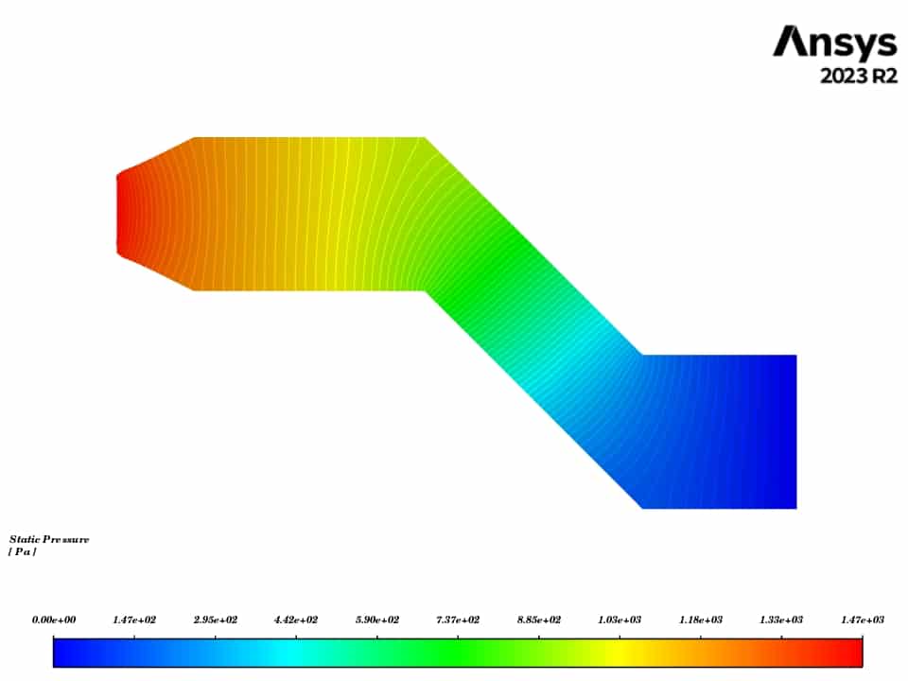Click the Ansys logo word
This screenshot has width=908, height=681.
coord(834,43)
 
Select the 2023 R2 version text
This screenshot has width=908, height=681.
coord(859,76)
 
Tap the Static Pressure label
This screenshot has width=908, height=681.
coord(49,540)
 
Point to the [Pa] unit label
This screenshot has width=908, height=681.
coord(23,551)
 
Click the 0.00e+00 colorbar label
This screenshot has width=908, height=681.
coord(54,620)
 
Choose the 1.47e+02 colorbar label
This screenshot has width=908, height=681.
coord(134,620)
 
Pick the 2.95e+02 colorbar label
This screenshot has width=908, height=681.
coord(216,620)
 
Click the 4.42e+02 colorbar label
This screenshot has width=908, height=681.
coord(296,620)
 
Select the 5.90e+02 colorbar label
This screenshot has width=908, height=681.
coord(377,620)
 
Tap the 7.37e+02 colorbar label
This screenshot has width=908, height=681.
coord(458,620)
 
